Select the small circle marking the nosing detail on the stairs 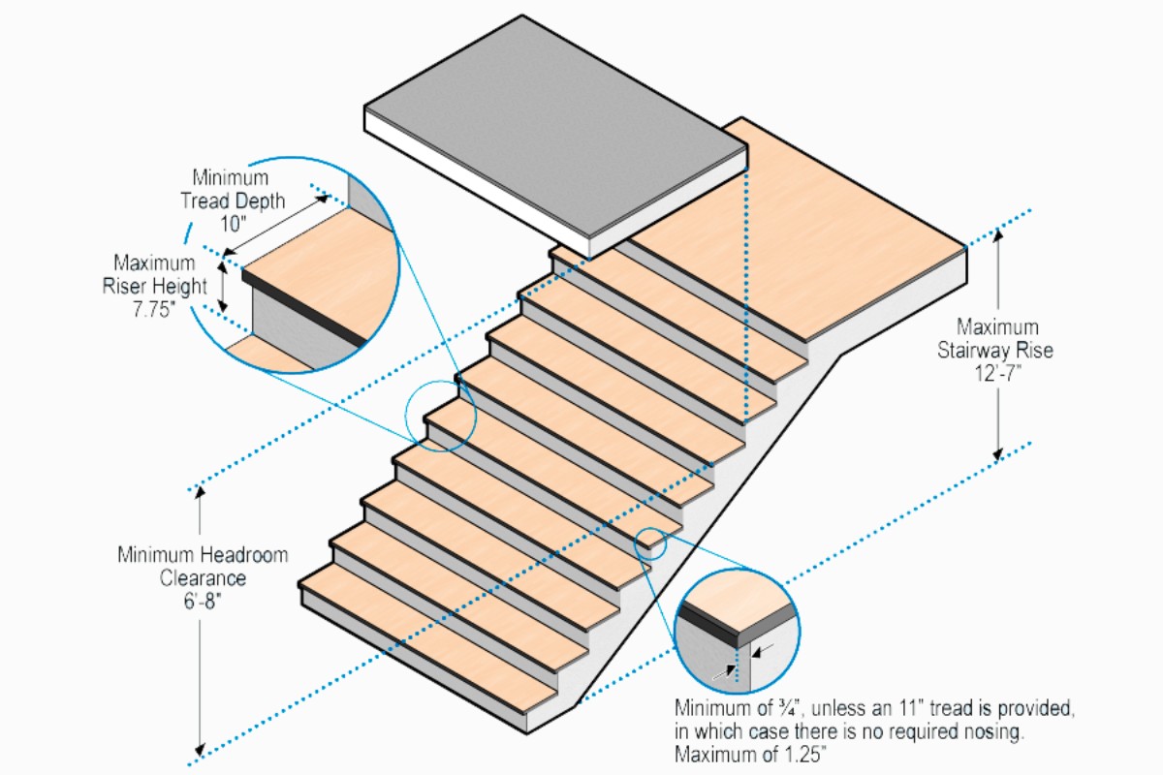click(650, 545)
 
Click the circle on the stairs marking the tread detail click(441, 417)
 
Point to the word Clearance click(203, 578)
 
